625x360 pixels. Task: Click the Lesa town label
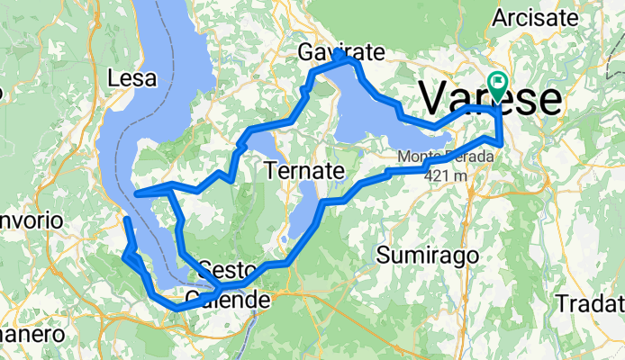click(132, 79)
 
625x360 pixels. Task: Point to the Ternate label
click(305, 170)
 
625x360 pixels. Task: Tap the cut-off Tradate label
click(591, 302)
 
